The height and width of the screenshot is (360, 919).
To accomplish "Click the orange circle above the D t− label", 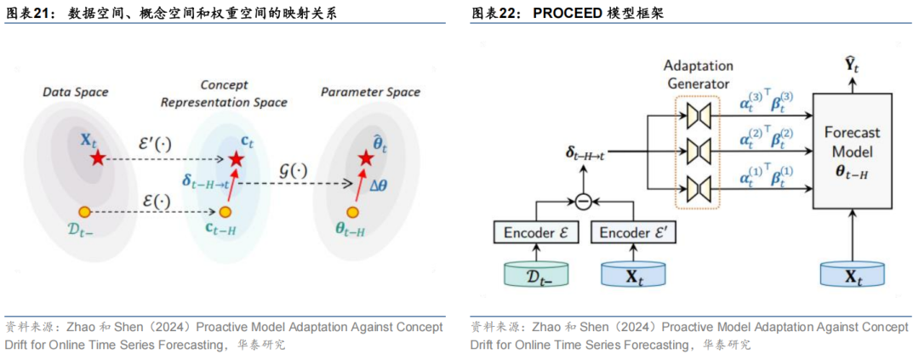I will pyautogui.click(x=84, y=211).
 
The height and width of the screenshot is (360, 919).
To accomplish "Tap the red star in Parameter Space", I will pyautogui.click(x=366, y=159).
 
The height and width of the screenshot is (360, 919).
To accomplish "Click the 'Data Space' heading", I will pyautogui.click(x=76, y=91).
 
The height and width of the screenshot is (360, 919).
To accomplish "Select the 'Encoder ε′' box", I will pyautogui.click(x=632, y=232).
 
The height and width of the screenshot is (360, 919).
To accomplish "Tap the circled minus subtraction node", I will pyautogui.click(x=583, y=202).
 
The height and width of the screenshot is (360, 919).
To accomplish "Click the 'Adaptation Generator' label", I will pyautogui.click(x=698, y=74).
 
